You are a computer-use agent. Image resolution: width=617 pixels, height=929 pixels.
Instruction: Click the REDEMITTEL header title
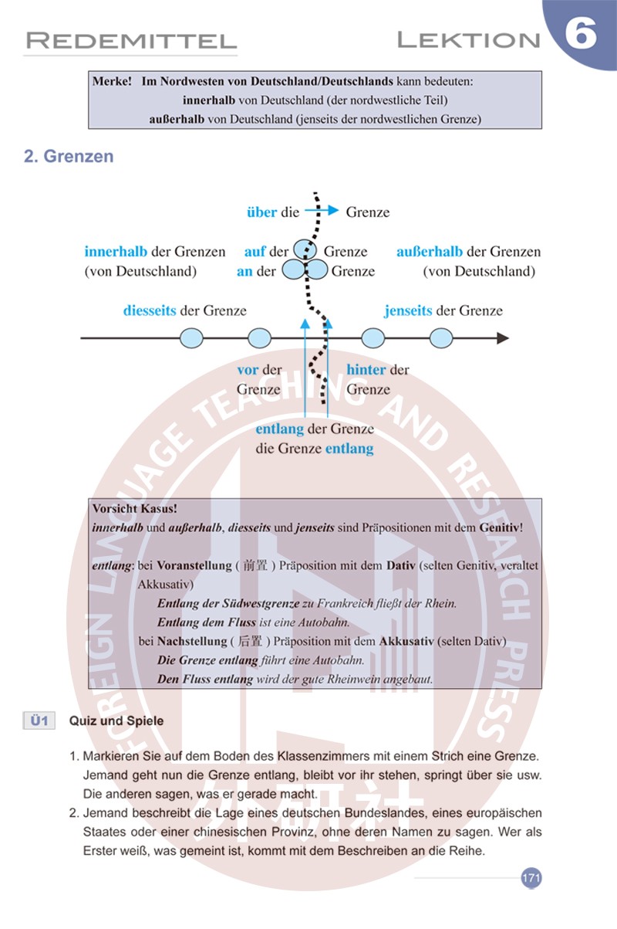pos(130,40)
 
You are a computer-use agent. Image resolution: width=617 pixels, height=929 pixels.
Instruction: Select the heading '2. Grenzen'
pos(69,156)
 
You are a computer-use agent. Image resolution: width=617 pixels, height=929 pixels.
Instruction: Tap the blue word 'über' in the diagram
pos(261,212)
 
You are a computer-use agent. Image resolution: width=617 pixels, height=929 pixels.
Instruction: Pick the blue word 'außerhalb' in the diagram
pos(430,252)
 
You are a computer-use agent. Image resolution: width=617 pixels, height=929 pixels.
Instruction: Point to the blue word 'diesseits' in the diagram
pos(150,310)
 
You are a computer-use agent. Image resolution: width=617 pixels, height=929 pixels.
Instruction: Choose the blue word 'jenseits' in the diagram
pos(408,310)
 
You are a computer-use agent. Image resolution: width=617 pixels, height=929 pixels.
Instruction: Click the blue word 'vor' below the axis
pos(248,370)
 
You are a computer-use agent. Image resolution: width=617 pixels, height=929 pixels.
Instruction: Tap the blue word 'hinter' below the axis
pos(366,370)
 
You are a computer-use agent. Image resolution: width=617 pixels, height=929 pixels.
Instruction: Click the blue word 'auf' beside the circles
pos(255,252)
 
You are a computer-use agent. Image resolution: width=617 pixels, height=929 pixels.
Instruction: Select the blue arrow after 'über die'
pos(322,210)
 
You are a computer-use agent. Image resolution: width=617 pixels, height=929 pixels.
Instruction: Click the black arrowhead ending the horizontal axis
pos(502,338)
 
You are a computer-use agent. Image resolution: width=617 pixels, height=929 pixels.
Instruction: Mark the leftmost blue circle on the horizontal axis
pos(191,338)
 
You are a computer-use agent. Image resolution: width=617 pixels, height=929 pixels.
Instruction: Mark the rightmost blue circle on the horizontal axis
pos(441,338)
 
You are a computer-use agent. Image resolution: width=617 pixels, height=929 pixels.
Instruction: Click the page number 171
pos(531,878)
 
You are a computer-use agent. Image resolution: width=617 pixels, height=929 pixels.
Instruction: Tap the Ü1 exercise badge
pos(39,720)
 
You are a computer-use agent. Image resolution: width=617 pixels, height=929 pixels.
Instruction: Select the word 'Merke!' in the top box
pos(112,81)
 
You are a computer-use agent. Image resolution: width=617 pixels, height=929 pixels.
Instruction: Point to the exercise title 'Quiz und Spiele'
pos(116,721)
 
